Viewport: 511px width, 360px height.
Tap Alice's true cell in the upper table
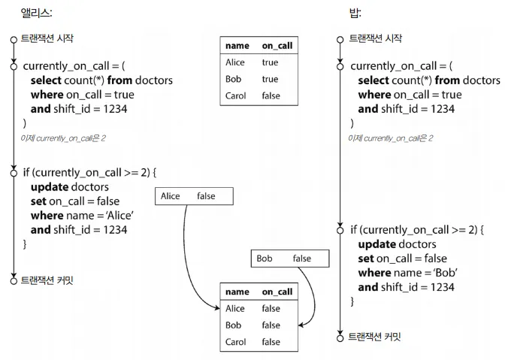(270, 62)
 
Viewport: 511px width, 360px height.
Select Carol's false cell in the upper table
(271, 95)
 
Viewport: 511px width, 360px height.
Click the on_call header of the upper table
(277, 46)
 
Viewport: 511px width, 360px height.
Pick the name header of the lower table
(237, 292)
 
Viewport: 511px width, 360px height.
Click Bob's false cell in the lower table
(271, 325)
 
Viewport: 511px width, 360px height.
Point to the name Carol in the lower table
(236, 342)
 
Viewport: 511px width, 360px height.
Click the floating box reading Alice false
(195, 196)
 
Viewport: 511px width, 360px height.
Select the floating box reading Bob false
(291, 259)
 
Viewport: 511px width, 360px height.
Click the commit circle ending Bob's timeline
(341, 337)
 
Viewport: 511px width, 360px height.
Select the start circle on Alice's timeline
(14, 38)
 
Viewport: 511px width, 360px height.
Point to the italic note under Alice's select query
(63, 138)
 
